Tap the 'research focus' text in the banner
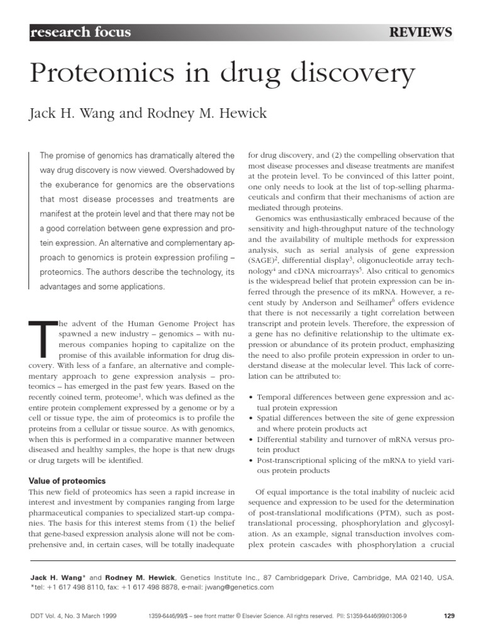tap(80, 33)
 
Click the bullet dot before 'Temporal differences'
tap(252, 397)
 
